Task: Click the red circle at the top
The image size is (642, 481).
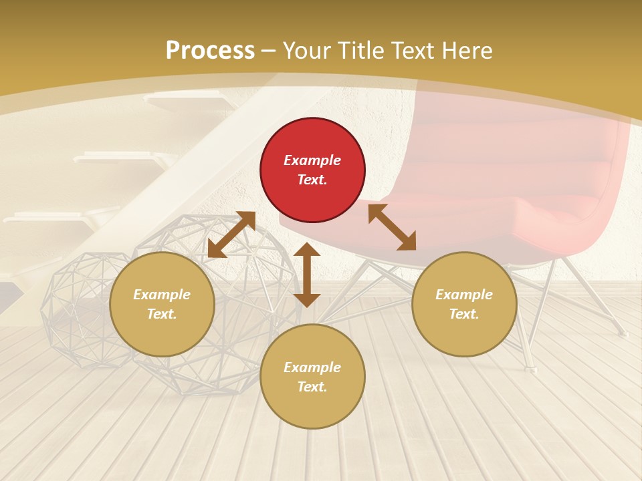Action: (312, 170)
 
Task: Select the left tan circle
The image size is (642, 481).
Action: (162, 305)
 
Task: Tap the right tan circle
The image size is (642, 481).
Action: (464, 305)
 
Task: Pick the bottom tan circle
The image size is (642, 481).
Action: (312, 377)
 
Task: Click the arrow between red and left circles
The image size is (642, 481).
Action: (231, 234)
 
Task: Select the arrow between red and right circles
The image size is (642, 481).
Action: (392, 227)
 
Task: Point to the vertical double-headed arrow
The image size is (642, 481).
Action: (307, 275)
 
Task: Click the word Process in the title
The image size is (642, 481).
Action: (210, 50)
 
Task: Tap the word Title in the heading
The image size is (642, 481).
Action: (362, 50)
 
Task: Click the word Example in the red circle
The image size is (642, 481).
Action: (312, 160)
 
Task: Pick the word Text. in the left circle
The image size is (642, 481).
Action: (162, 314)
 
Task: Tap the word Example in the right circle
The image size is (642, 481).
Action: (464, 295)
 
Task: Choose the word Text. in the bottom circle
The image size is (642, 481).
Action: (312, 387)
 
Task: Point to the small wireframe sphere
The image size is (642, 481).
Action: (77, 307)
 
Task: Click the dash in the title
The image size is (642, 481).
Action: (269, 50)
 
